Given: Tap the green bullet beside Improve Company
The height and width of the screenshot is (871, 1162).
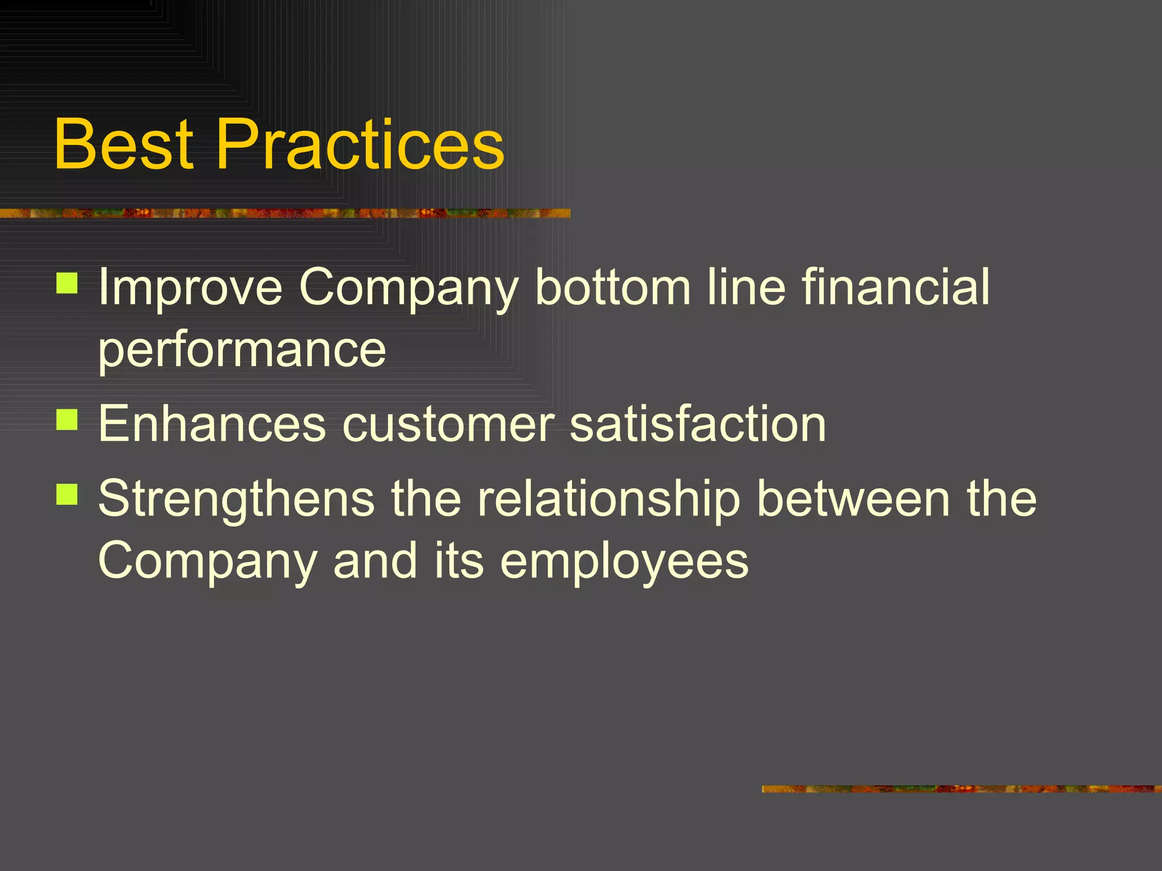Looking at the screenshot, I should tap(67, 283).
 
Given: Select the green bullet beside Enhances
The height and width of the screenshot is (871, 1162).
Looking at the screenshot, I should tap(67, 420).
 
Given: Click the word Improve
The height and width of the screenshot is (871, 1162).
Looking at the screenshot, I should tap(190, 288).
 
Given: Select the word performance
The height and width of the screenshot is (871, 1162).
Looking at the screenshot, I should tap(242, 350).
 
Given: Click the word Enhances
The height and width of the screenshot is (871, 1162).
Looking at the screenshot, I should tap(212, 424).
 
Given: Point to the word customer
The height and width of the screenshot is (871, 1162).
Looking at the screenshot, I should tap(448, 424).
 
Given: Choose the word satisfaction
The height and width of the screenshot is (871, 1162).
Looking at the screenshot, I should tap(697, 424).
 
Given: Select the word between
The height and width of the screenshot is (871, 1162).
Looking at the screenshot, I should tap(853, 499).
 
